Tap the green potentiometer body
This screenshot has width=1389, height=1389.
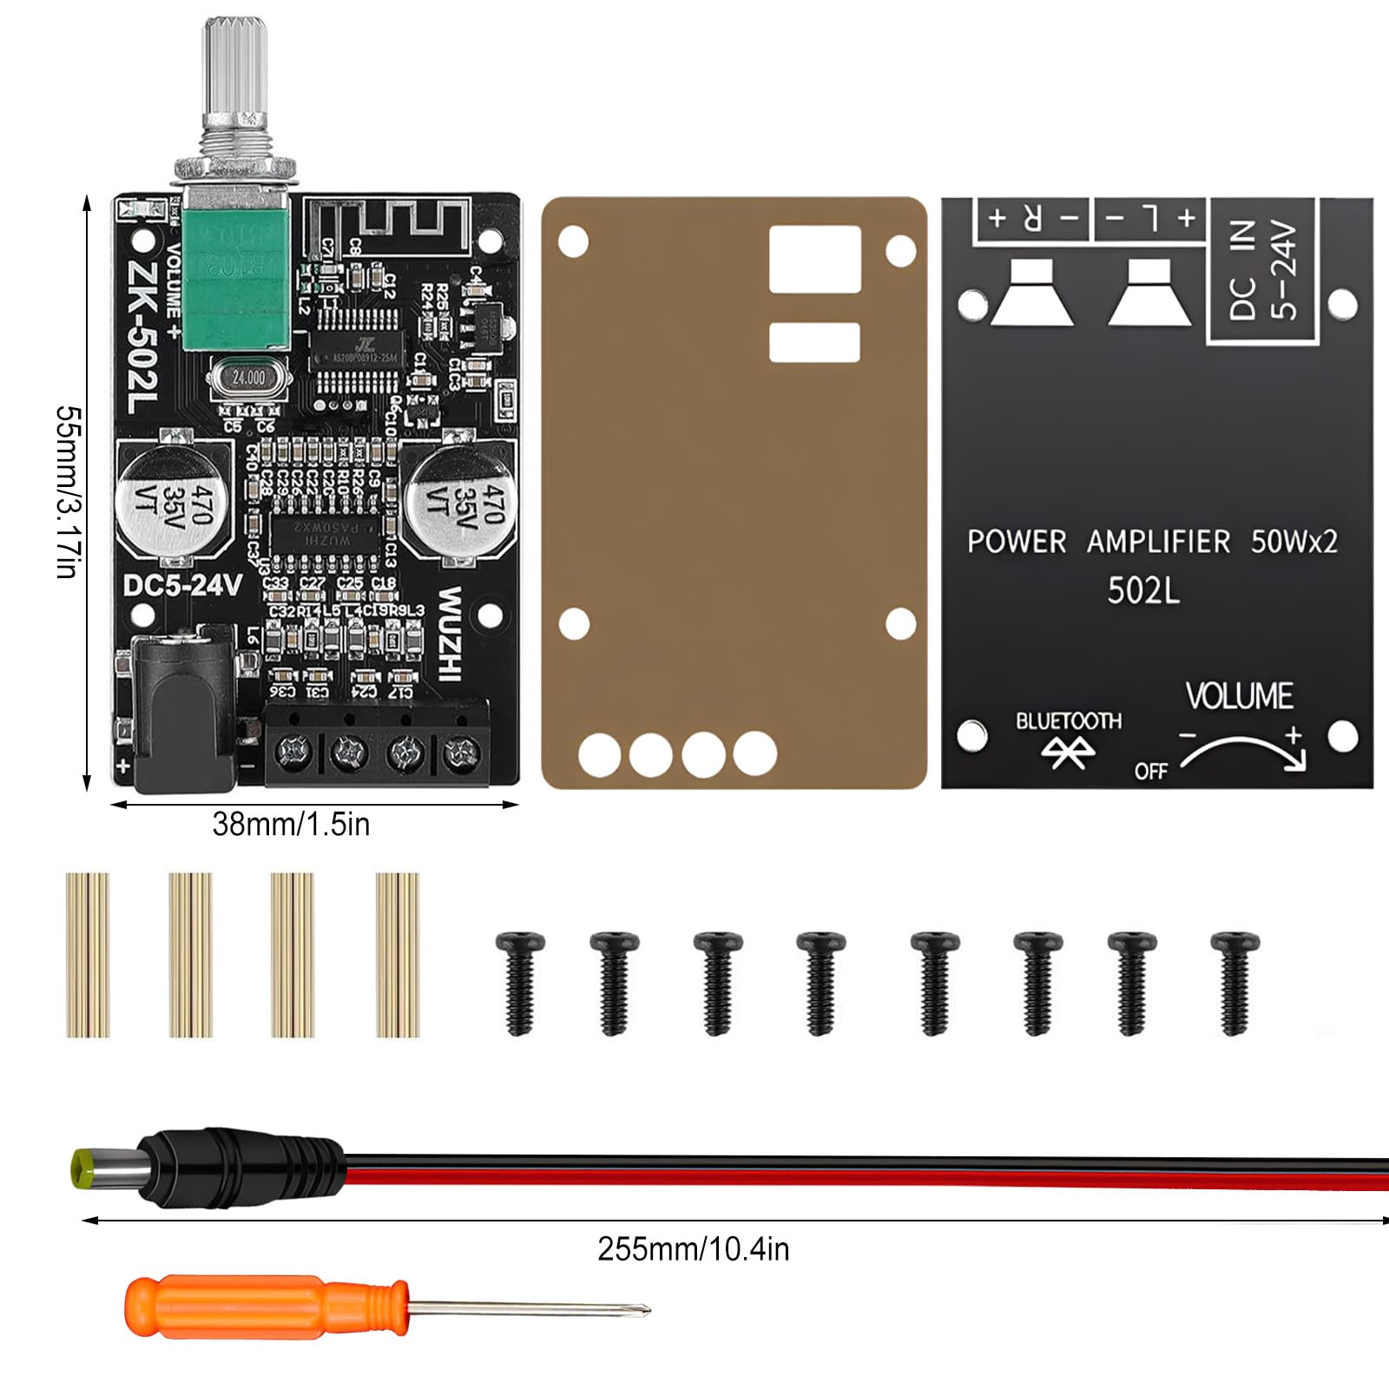tap(234, 269)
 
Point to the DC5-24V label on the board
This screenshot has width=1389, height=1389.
tap(182, 586)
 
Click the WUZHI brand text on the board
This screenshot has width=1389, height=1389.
tap(449, 634)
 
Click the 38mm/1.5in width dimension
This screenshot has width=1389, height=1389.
tap(291, 824)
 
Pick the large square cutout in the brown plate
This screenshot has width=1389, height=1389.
tap(814, 259)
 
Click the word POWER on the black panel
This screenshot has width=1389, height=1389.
tap(1017, 542)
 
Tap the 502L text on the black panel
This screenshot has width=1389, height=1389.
tap(1143, 591)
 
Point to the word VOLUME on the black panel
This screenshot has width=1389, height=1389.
tap(1239, 696)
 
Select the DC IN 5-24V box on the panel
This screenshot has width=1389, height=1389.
tap(1263, 270)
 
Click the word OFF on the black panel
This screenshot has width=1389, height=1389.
tap(1150, 771)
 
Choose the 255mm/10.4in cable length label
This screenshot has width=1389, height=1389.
tap(693, 1249)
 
